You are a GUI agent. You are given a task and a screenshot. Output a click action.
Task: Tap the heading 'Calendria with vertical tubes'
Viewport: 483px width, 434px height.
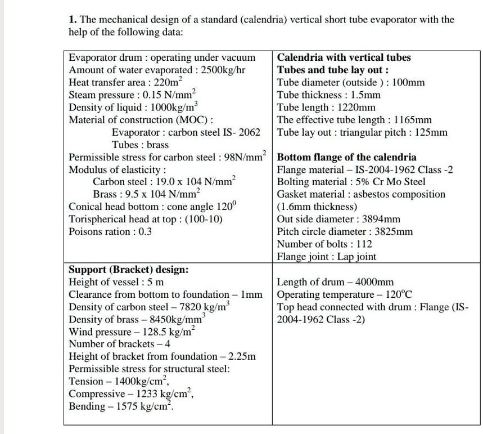344,57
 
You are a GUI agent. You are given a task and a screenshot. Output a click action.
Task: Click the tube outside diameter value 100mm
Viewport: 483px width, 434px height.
408,82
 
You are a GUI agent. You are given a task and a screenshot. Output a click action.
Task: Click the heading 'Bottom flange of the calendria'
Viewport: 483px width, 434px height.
347,157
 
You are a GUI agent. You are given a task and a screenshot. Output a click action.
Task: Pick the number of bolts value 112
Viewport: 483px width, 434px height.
364,244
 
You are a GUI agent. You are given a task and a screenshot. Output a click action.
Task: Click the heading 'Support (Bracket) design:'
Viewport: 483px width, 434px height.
128,269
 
